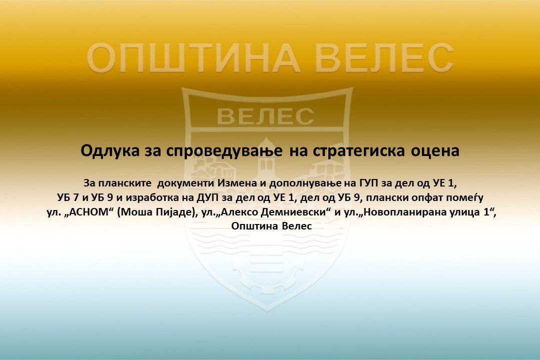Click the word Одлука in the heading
110,151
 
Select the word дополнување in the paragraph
305,183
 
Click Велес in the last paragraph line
297,226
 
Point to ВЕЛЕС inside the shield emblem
266,116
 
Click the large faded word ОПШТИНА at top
193,57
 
